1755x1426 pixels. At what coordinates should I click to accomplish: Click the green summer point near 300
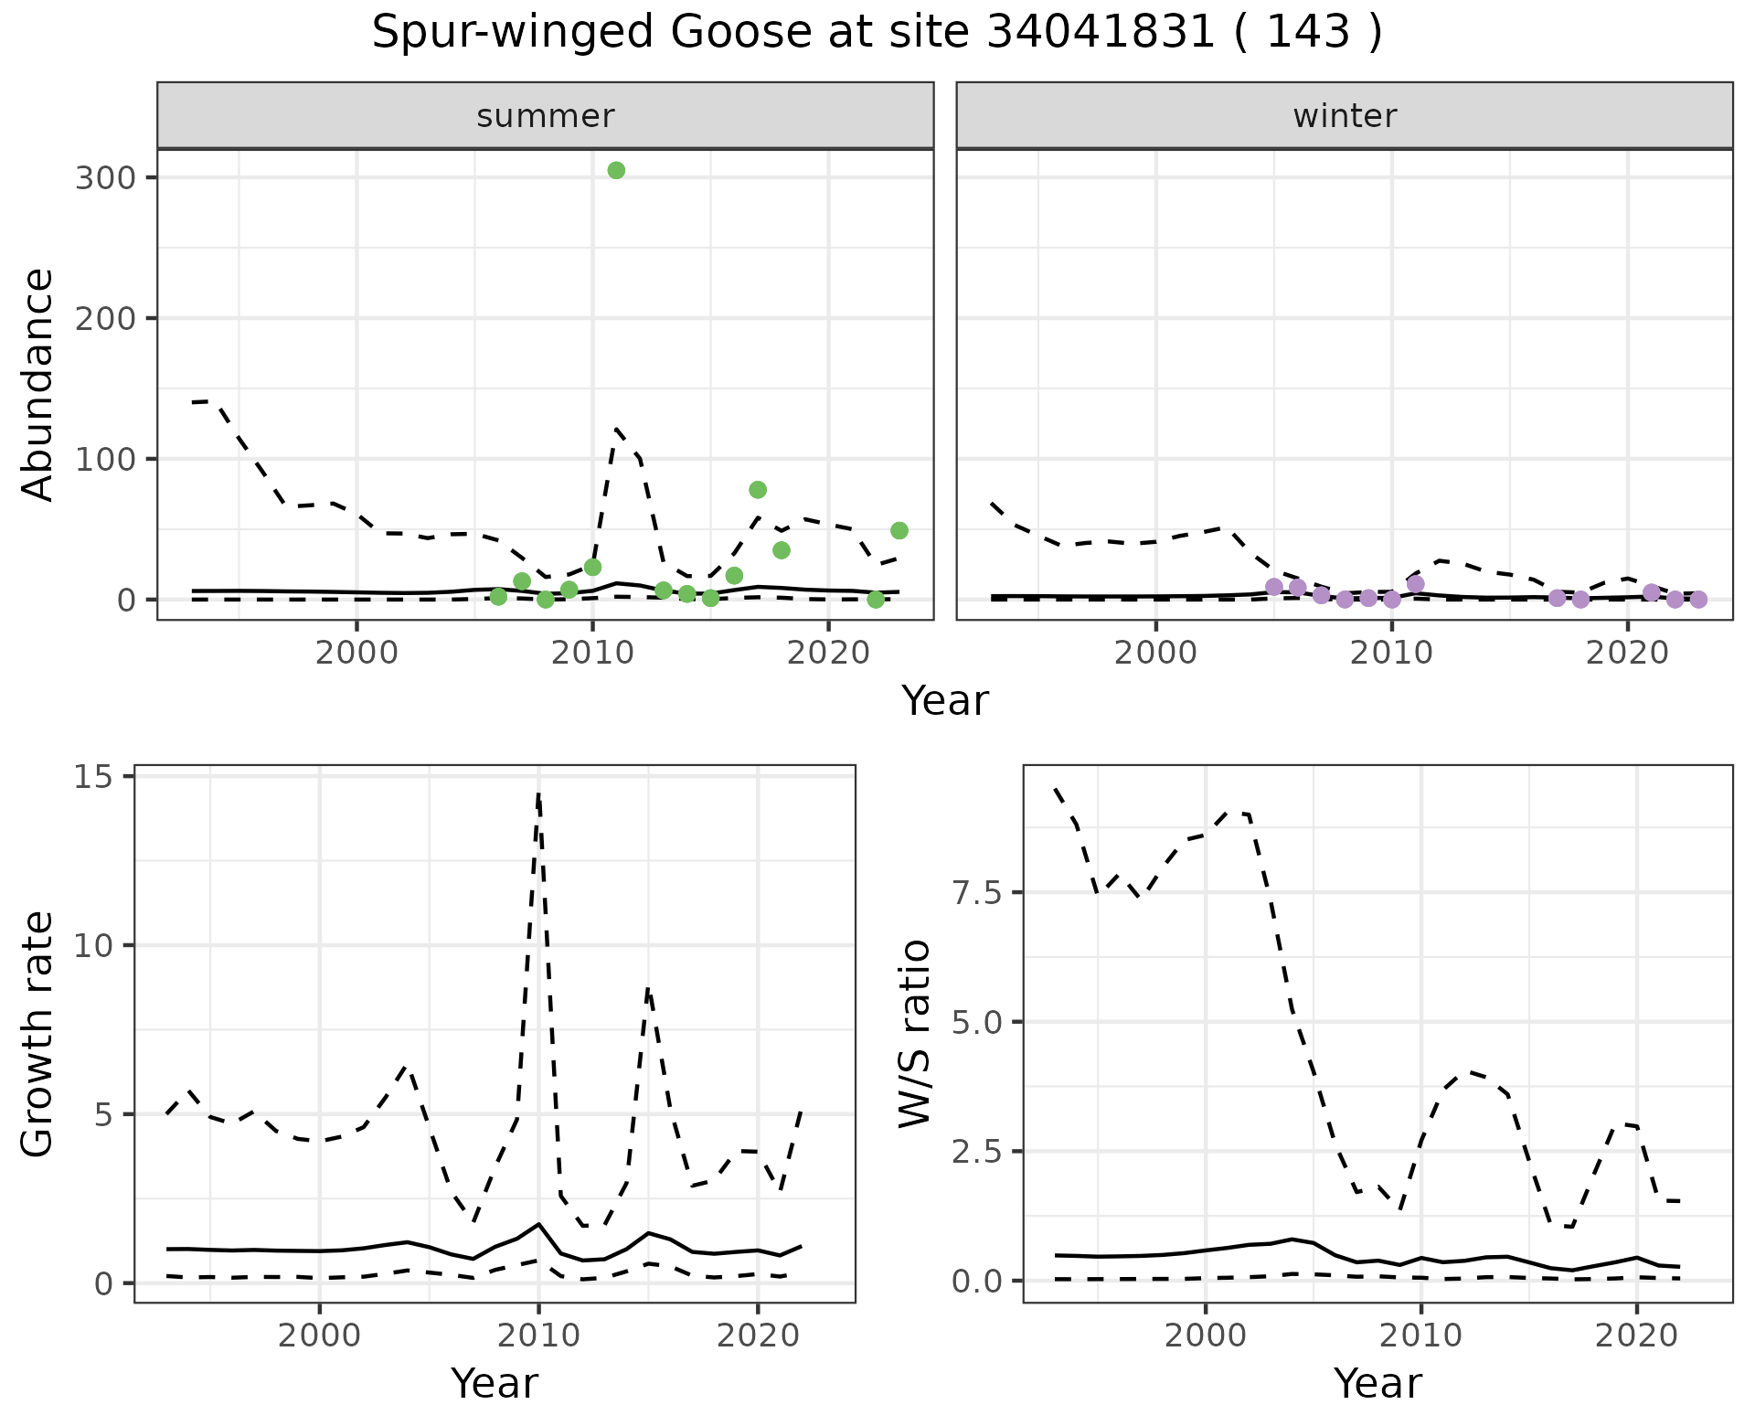tap(616, 171)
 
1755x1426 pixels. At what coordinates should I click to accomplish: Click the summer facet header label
tap(546, 116)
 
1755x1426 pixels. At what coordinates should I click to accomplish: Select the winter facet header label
tap(1345, 116)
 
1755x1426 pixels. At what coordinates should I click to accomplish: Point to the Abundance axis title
tap(38, 384)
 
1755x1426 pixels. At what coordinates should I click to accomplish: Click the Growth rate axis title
tap(38, 1034)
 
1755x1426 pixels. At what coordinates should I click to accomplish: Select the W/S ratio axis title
tap(914, 1034)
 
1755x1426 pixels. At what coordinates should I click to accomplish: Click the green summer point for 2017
tap(758, 490)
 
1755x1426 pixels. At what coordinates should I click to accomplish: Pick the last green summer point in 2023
tap(899, 531)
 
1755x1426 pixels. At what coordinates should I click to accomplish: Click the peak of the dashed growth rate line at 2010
tap(538, 793)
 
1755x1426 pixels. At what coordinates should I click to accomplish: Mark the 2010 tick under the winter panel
tap(1391, 653)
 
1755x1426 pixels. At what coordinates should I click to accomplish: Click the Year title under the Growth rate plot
tap(495, 1384)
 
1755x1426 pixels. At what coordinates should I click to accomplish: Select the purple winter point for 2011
tap(1416, 584)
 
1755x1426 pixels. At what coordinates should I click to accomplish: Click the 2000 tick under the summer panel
tap(356, 653)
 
